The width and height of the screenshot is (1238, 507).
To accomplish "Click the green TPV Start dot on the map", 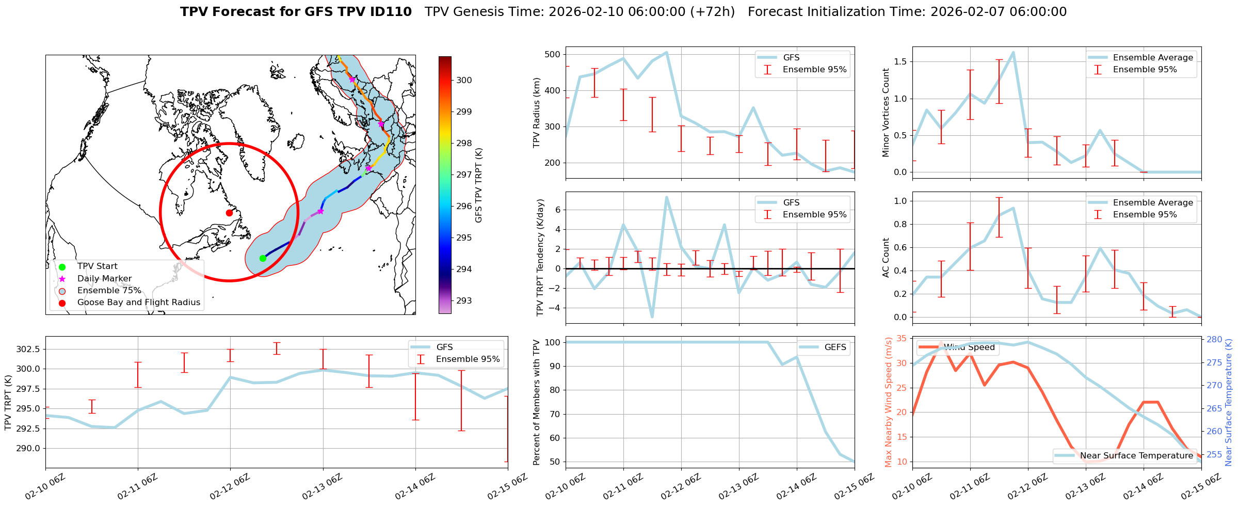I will click(263, 258).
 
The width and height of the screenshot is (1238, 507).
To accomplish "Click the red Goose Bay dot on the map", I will click(229, 213).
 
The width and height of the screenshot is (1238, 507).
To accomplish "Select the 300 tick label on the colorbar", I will click(464, 80).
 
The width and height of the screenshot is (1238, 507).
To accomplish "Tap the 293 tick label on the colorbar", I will click(464, 300).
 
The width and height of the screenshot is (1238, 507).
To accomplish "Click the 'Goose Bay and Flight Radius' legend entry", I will click(138, 303).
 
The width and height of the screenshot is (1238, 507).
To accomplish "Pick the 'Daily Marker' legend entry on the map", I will click(104, 278).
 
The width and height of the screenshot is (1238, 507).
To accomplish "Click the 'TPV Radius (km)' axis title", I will click(537, 113).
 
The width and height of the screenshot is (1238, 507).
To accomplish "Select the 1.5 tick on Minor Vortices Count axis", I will click(900, 62).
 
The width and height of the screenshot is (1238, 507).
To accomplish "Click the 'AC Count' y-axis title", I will click(886, 258).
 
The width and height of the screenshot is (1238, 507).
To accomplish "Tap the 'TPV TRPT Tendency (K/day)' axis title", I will click(540, 258).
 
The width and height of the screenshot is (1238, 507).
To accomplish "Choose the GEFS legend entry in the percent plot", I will click(835, 347).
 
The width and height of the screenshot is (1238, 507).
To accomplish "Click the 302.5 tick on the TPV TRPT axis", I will click(29, 350).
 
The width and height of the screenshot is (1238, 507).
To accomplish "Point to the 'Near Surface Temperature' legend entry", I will click(1136, 455).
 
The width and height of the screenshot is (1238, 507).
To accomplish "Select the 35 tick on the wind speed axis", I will click(902, 339).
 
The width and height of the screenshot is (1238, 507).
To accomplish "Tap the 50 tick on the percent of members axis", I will click(554, 462).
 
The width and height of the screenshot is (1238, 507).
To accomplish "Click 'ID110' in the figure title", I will click(391, 12).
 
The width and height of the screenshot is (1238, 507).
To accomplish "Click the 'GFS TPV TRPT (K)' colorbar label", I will click(479, 185).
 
